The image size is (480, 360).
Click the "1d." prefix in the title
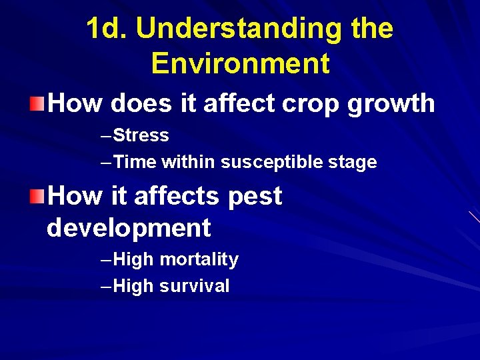pos(107,29)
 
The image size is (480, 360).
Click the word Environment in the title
pos(240,63)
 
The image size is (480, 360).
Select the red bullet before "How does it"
pos(40,103)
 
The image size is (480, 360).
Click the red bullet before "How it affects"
pos(40,196)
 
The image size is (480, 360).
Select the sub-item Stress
pos(141,135)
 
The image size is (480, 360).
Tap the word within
pos(189,162)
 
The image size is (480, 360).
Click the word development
pos(129,228)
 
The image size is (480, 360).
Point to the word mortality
pos(199,259)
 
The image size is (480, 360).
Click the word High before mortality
pos(133,259)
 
